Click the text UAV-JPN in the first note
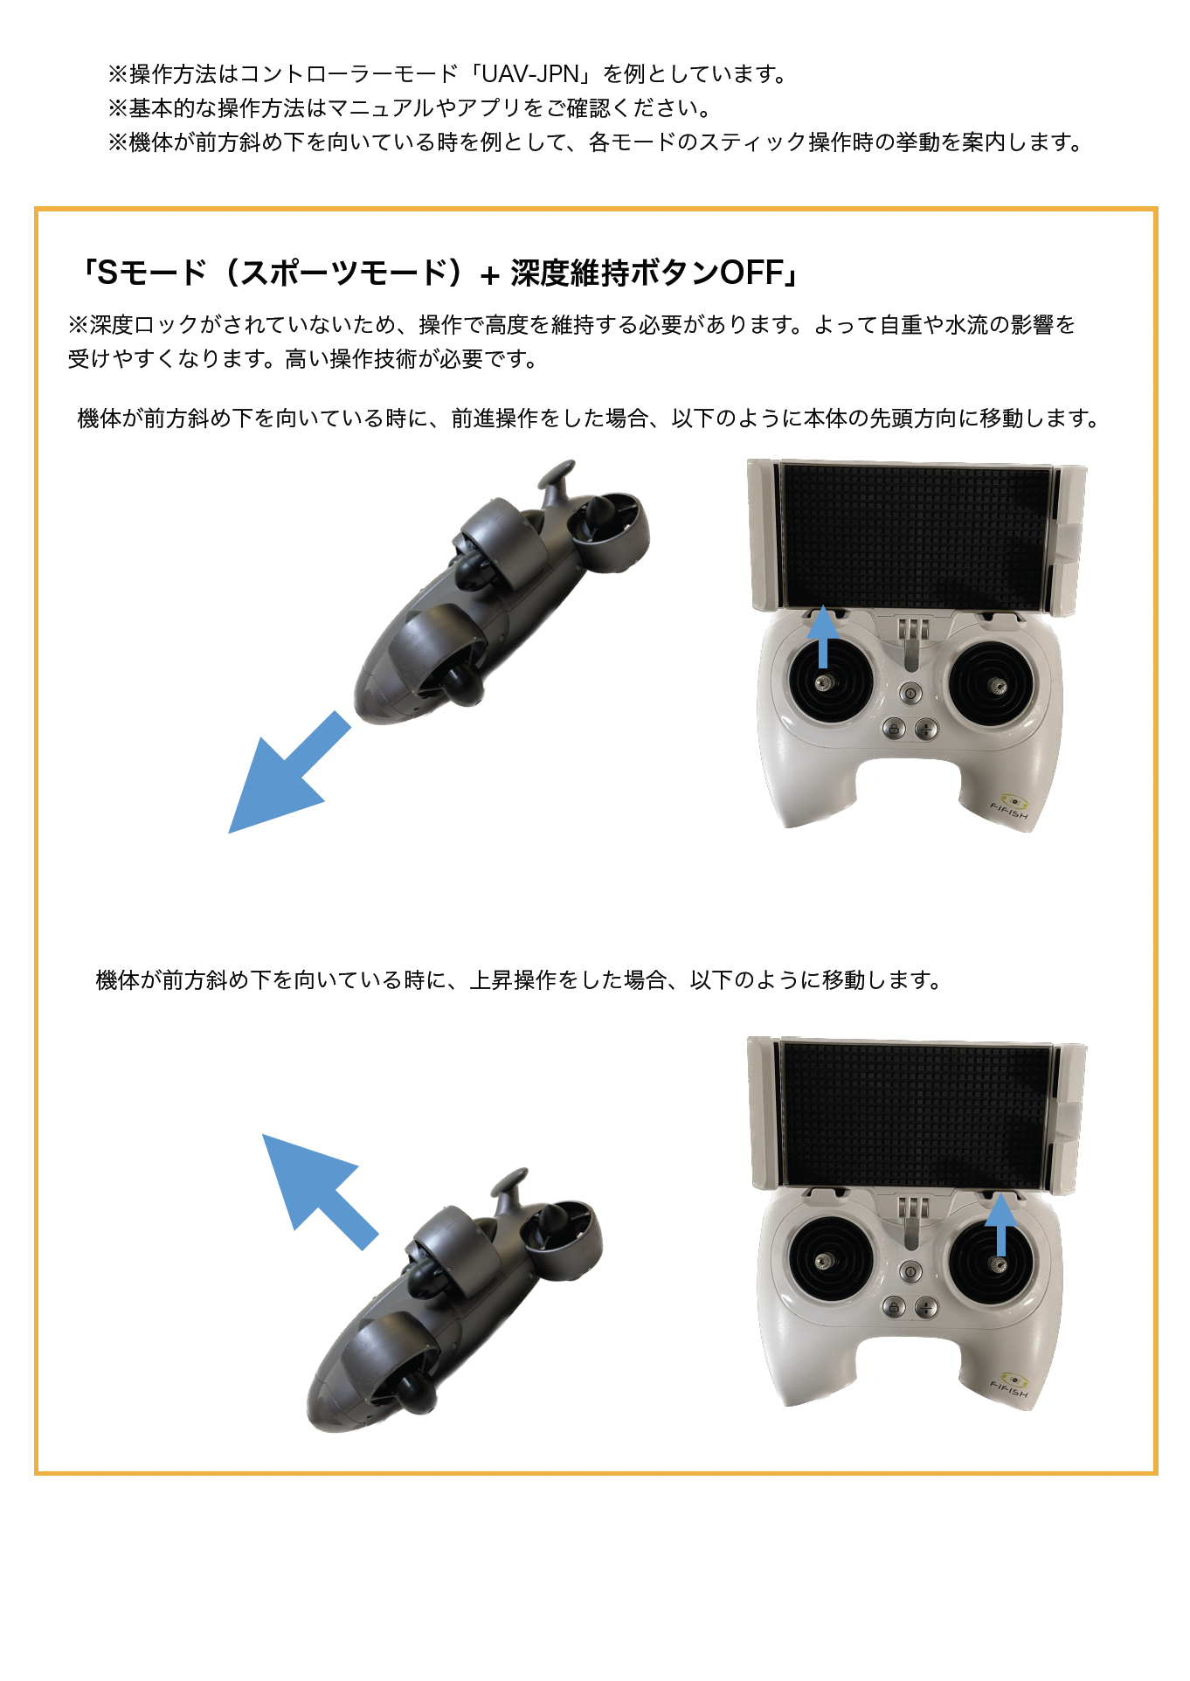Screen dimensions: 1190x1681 pos(530,74)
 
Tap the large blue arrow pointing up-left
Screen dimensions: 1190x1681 pos(319,1191)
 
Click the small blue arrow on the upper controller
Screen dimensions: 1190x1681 pos(822,637)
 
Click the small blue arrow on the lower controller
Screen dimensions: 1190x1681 pos(1001,1224)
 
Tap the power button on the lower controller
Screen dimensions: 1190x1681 pos(910,1271)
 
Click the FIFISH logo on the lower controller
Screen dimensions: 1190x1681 pos(1011,1386)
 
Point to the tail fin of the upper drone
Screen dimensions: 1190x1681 pos(557,479)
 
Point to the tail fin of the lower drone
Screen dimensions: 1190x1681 pos(510,1186)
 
